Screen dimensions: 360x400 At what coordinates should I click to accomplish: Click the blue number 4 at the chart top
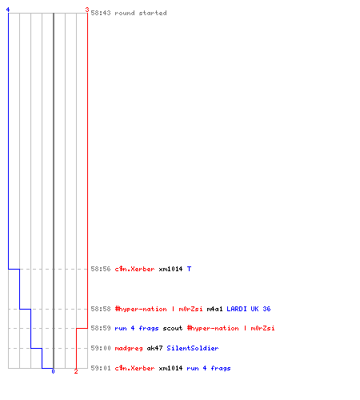[x=8, y=10]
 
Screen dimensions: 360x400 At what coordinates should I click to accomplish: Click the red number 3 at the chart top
[x=87, y=10]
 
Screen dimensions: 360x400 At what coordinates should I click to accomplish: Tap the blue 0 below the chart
[x=53, y=371]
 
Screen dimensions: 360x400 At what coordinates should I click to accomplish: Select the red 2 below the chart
[x=76, y=371]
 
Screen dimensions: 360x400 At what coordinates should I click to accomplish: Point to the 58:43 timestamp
[x=101, y=13]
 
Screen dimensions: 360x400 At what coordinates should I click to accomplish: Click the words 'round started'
[x=141, y=13]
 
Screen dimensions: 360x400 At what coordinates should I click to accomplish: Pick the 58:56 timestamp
[x=101, y=269]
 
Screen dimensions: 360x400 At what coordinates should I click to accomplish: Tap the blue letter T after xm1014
[x=189, y=269]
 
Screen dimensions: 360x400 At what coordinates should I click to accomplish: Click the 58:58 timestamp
[x=101, y=309]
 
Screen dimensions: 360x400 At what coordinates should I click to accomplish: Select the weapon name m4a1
[x=214, y=309]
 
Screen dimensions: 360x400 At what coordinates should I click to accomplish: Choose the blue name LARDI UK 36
[x=249, y=309]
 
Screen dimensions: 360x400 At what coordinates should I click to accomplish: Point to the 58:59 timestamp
[x=101, y=328]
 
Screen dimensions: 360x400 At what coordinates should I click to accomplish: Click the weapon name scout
[x=173, y=328]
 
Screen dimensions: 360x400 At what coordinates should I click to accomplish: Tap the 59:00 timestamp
[x=101, y=348]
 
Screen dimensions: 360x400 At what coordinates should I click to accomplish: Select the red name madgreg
[x=129, y=348]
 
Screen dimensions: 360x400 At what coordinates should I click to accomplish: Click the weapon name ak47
[x=154, y=348]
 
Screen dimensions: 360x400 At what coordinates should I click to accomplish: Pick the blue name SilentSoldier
[x=193, y=348]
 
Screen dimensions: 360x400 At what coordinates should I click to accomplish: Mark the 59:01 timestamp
[x=101, y=368]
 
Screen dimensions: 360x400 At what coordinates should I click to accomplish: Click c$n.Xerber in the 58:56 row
[x=134, y=269]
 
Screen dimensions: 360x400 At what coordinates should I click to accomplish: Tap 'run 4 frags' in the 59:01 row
[x=209, y=368]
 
